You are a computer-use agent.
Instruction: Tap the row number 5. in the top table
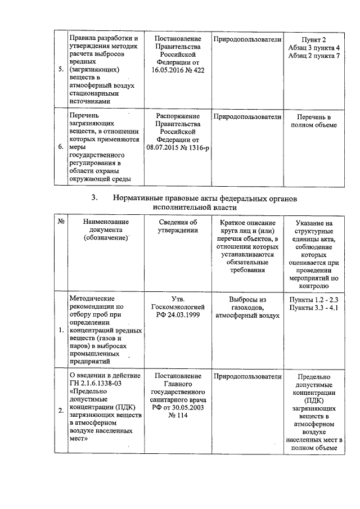pos(60,70)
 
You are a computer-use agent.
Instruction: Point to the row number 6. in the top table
pos(60,147)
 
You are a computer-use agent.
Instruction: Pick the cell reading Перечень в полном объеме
pos(314,121)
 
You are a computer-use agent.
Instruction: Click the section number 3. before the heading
pos(94,198)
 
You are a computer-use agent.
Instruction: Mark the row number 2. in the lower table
pos(60,411)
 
